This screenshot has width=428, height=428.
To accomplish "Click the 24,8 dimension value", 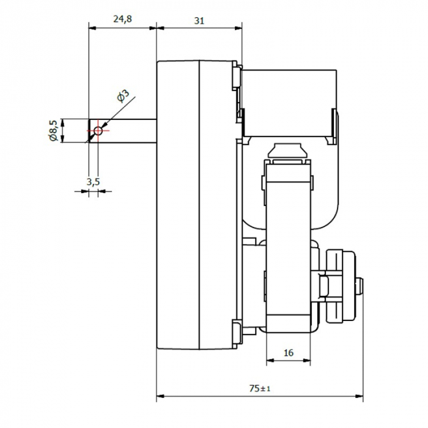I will click(122, 20).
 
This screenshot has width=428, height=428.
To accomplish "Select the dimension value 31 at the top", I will click(199, 20).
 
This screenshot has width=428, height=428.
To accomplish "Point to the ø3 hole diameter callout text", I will click(122, 95).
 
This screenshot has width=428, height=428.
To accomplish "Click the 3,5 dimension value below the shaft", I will click(93, 181).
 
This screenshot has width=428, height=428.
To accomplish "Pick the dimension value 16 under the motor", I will click(289, 352).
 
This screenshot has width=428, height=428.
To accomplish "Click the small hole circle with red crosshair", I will click(97, 130).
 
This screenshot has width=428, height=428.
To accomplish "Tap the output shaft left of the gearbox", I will click(125, 131).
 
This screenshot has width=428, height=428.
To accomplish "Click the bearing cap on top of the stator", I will click(289, 150).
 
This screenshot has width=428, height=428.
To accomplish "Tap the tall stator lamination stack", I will click(289, 245).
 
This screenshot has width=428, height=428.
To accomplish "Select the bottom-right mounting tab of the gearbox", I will click(236, 333).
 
